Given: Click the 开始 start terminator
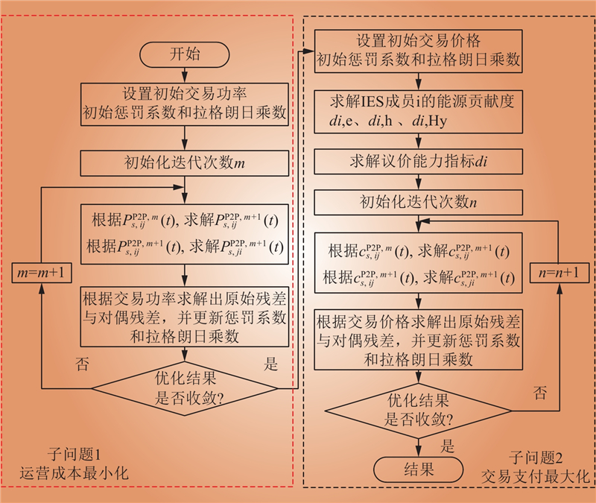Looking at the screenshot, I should point(185,54).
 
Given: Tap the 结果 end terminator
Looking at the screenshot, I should point(417,469).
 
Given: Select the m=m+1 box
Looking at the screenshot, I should point(42,273).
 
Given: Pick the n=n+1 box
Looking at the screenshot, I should point(559,273).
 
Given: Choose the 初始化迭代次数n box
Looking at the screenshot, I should point(417,200).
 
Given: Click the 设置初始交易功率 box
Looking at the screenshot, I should point(185,104).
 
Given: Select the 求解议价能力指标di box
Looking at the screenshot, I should point(417,161).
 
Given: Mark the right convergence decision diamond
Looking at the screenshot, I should point(417,408).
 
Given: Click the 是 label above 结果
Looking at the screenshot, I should point(448,446).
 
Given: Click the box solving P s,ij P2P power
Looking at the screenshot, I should point(185,234).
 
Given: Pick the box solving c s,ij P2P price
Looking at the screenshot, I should point(417,265).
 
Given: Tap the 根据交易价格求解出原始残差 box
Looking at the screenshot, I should point(417,341).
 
